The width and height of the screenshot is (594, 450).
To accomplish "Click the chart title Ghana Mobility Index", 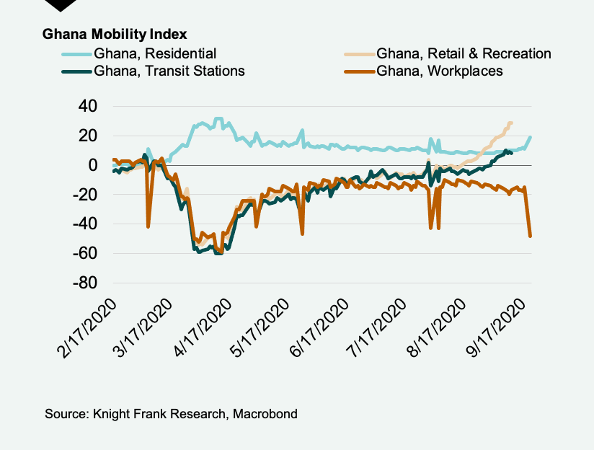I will coord(115,35).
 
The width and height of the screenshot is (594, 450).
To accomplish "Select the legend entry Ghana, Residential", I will coord(154,53).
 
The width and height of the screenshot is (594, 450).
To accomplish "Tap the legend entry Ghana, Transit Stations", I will coord(169,71).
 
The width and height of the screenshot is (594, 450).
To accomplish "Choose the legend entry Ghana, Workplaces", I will coord(439,71).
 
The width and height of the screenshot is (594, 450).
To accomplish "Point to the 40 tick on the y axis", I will coord(88,106).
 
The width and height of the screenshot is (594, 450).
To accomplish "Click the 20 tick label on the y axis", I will coord(88,136).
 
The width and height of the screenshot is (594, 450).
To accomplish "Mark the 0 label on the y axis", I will coord(93,165).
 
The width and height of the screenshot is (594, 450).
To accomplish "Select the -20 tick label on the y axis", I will coord(84,195).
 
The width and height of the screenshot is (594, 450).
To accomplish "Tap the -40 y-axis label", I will coord(84,224).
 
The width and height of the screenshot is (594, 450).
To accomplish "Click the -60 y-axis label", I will coord(84,254).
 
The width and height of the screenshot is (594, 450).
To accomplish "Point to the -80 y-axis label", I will coord(84,283).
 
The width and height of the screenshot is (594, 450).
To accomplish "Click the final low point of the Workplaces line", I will coord(531,236).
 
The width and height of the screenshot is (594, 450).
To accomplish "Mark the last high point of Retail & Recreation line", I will coord(510,123).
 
